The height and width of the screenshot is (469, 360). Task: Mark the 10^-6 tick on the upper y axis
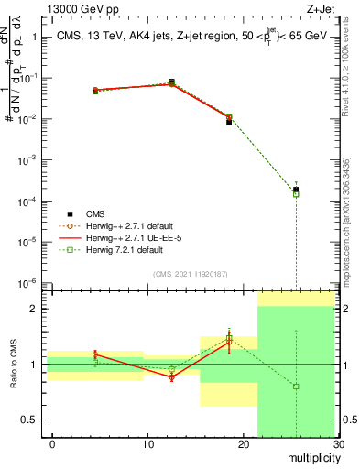pos(27,283)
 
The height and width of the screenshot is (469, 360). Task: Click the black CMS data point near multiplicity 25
pos(296,190)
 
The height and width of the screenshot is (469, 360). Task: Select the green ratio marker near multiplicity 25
pos(296,387)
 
